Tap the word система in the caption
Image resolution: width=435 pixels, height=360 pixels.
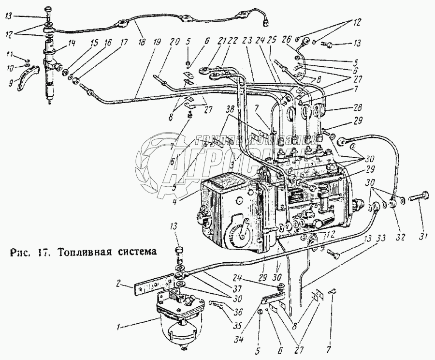point(140,252)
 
